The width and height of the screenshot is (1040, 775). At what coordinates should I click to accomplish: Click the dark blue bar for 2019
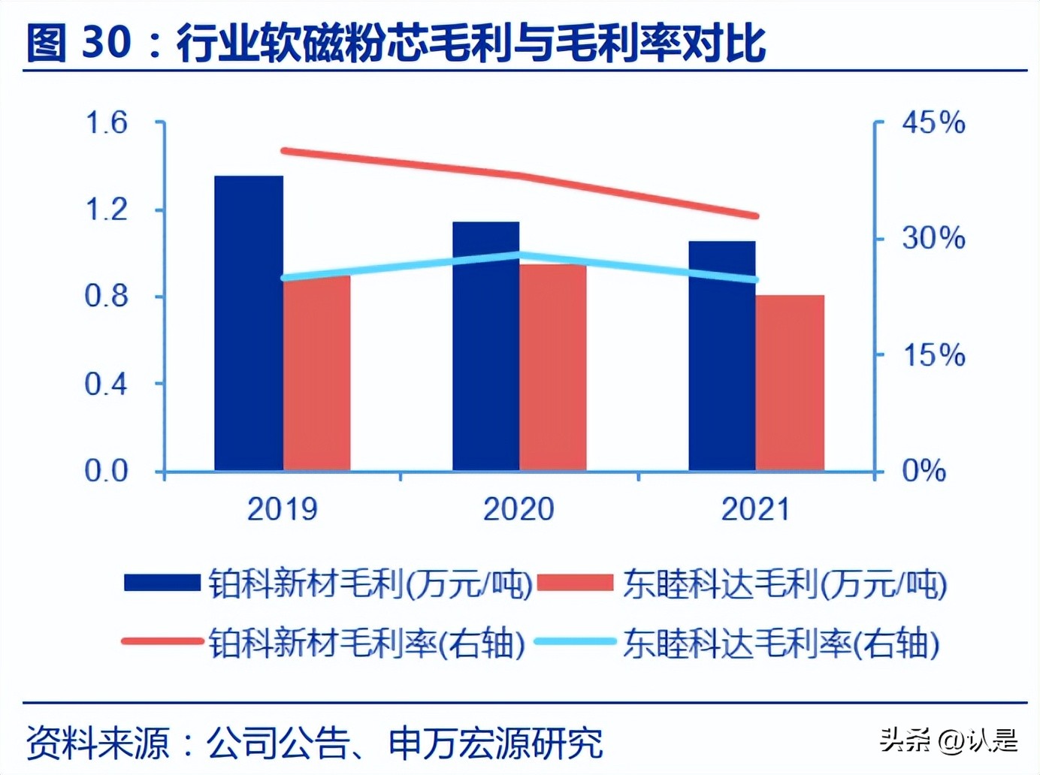click(249, 323)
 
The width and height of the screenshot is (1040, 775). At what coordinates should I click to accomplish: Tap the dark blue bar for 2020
click(485, 346)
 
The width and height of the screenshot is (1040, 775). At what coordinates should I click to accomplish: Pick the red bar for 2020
click(553, 367)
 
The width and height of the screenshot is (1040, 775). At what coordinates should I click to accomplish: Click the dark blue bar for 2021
click(722, 356)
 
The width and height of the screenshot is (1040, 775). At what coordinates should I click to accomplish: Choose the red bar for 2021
click(790, 383)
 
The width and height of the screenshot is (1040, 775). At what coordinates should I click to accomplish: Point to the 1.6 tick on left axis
click(106, 122)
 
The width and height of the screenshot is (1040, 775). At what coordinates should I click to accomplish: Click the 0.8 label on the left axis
click(106, 297)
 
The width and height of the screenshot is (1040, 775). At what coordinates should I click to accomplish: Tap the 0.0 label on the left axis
click(106, 472)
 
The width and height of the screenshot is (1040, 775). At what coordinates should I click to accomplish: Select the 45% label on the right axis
click(933, 122)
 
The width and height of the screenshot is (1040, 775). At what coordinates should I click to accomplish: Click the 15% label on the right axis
click(933, 354)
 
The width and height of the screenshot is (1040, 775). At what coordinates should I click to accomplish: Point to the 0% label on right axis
click(924, 472)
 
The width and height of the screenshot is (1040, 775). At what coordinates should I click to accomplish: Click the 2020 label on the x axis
click(518, 509)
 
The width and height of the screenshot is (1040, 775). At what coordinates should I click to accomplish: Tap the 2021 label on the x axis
click(755, 509)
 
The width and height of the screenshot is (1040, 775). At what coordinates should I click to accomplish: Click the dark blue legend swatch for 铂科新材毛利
click(162, 583)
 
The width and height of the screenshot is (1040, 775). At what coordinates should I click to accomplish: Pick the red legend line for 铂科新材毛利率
click(162, 642)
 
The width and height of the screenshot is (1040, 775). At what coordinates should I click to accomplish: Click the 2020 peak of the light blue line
click(520, 255)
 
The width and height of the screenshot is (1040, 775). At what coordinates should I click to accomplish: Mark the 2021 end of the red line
click(755, 216)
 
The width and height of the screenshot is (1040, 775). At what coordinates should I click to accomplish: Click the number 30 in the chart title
click(106, 42)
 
